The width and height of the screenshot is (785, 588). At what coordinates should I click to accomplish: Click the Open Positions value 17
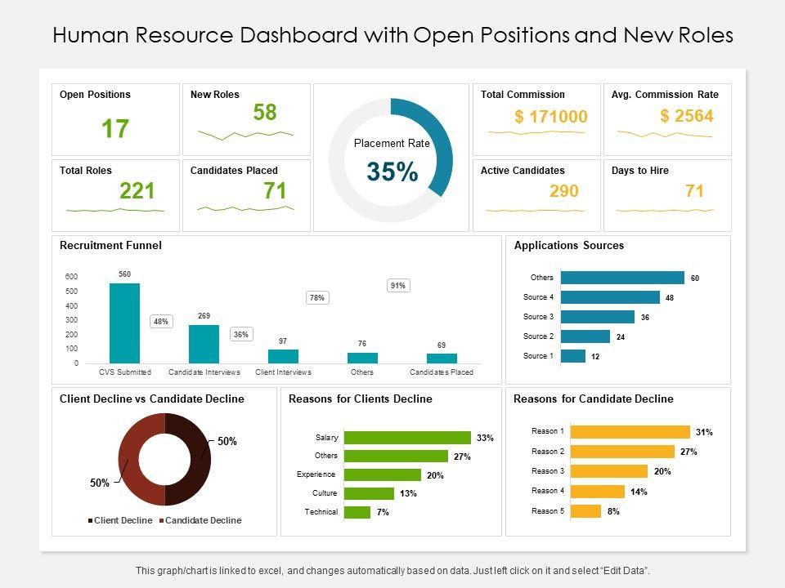(115, 128)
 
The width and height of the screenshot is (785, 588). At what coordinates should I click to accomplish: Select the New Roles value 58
(264, 113)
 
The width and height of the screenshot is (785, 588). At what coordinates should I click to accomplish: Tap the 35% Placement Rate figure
(392, 171)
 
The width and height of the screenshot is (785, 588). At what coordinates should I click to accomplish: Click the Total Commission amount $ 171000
(550, 117)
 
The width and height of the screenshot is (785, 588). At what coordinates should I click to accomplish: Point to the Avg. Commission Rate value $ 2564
(686, 116)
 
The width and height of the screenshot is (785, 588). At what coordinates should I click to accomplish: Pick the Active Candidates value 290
(563, 191)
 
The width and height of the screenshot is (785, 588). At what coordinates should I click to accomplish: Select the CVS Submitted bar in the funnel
(124, 323)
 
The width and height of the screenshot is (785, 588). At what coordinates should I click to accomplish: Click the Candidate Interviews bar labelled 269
(204, 343)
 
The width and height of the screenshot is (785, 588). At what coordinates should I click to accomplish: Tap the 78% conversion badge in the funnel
(316, 298)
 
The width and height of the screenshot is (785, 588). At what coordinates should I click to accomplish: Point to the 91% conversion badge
(397, 286)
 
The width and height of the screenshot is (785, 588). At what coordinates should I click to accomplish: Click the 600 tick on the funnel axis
(72, 276)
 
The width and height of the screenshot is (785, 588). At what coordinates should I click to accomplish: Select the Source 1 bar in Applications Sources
(573, 356)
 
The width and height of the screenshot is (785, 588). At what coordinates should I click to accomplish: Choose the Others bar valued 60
(622, 278)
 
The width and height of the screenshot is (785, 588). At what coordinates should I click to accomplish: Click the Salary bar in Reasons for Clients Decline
(407, 438)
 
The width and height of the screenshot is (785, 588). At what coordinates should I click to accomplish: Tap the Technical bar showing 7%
(357, 512)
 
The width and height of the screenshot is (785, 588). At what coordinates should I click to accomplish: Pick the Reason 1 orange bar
(630, 431)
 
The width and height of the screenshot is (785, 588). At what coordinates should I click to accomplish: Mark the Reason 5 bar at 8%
(585, 511)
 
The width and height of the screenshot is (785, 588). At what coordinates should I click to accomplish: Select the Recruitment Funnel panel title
(110, 245)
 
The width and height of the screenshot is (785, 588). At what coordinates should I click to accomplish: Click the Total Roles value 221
(137, 191)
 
